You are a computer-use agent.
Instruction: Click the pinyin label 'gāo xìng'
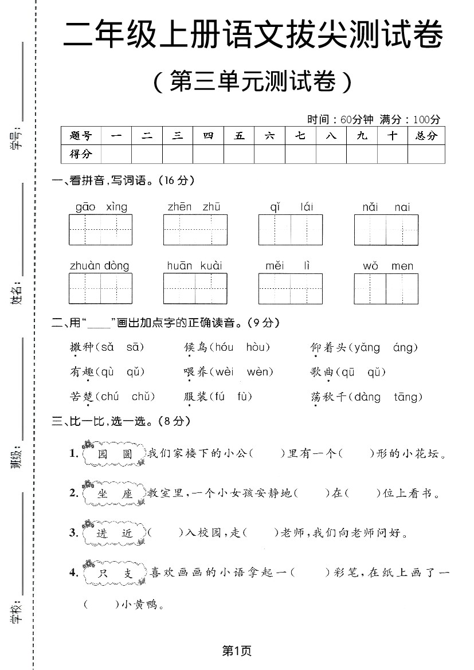coord(101,207)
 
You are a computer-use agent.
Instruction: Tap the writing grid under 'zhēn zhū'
coord(195,230)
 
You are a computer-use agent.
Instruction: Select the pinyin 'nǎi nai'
coord(386,207)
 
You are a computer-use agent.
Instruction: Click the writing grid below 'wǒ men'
coord(386,288)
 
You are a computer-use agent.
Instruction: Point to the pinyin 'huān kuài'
coord(194,266)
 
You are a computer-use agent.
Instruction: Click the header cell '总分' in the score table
coord(426,136)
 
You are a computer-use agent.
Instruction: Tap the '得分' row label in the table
coord(81,154)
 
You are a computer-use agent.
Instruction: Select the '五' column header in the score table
coord(239,136)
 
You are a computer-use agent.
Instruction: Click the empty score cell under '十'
coord(392,154)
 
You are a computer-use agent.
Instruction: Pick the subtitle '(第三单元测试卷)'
coord(253,82)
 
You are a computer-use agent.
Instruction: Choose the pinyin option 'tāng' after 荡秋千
coord(408,397)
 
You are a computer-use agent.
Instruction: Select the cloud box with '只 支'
coord(115,574)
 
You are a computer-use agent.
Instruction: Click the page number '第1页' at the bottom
coord(237,651)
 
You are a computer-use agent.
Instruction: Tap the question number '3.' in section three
coord(74,532)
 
